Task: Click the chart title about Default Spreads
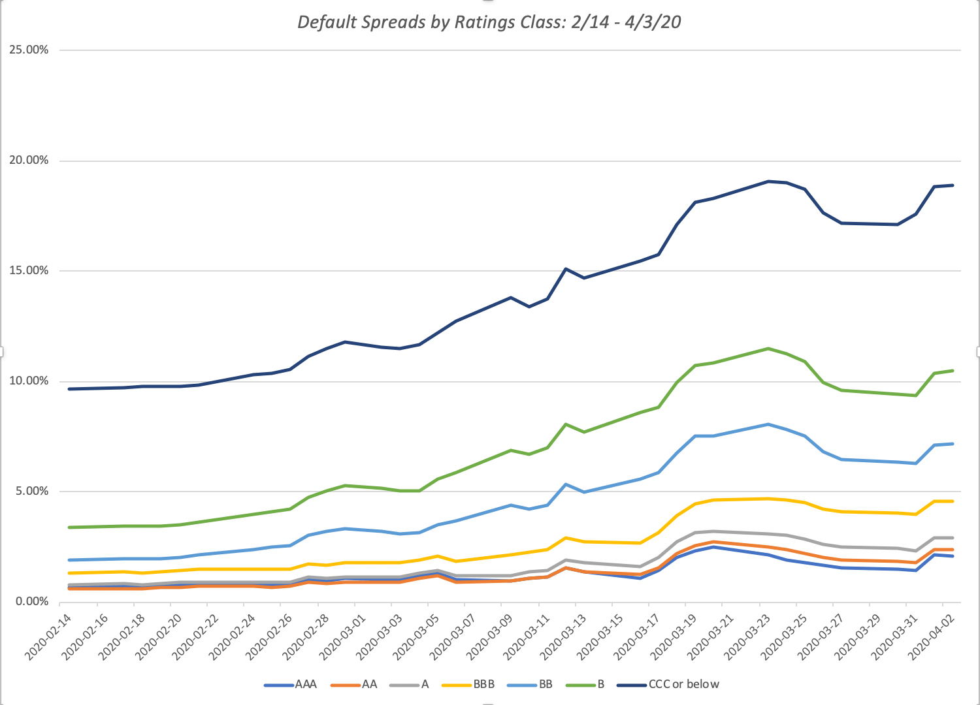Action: [x=489, y=22]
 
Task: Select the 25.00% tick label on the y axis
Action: [x=29, y=50]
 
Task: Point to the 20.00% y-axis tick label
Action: [x=29, y=161]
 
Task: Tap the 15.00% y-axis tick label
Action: [x=29, y=271]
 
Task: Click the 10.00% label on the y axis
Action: [x=29, y=381]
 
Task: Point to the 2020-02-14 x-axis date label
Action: [x=50, y=636]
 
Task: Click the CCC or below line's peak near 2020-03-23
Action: [x=768, y=181]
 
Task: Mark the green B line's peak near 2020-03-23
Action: [x=768, y=349]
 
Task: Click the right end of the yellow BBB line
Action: [x=953, y=501]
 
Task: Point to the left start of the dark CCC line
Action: [x=69, y=389]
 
